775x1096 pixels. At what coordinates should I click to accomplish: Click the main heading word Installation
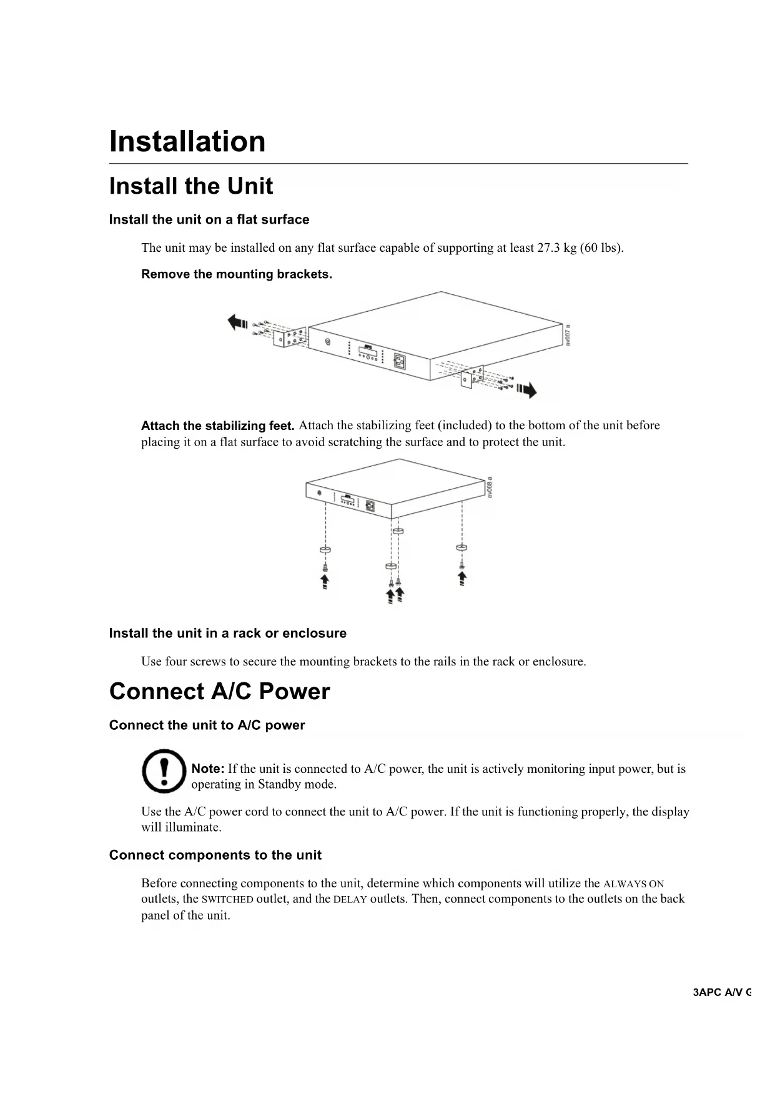[x=187, y=141]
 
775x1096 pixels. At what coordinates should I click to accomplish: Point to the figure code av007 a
[x=568, y=335]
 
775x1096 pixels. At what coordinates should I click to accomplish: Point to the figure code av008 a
[x=490, y=487]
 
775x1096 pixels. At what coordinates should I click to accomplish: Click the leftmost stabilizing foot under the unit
[x=325, y=550]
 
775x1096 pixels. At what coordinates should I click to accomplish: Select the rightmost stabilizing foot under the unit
[x=462, y=547]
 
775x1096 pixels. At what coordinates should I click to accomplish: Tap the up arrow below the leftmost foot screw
[x=325, y=582]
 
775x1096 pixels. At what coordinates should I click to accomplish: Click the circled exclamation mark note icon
[x=164, y=771]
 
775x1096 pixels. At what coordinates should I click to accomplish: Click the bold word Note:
[x=207, y=769]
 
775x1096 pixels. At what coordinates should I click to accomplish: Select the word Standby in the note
[x=279, y=785]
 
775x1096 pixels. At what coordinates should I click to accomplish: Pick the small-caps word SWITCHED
[x=227, y=900]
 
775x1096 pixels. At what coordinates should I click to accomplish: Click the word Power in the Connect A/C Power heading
[x=294, y=692]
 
